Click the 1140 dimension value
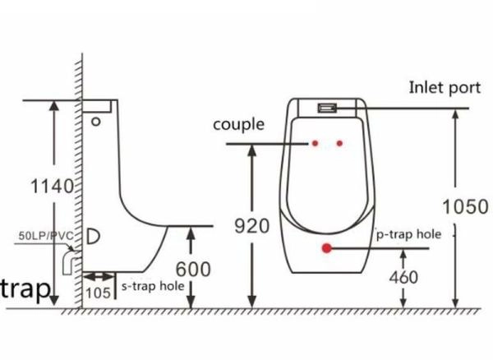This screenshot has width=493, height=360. point(52,186)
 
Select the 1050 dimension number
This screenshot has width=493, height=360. point(465,206)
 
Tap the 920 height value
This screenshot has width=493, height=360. point(252,226)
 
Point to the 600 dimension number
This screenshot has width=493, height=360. point(193,269)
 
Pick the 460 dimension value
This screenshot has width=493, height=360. point(403,277)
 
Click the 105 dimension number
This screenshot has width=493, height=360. point(98,293)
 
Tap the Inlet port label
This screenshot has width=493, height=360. point(445,88)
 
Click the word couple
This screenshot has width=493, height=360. point(238,125)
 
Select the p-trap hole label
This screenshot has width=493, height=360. point(408,234)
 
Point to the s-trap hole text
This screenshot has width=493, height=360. point(153,286)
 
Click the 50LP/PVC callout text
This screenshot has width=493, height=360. point(46,236)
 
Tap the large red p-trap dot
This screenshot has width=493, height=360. point(327,248)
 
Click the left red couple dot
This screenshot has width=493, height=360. point(315,143)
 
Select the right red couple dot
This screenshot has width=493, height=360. point(339,143)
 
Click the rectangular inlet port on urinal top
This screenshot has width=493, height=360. point(327,108)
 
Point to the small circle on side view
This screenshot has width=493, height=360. point(96,122)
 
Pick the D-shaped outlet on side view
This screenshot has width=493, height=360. point(93,236)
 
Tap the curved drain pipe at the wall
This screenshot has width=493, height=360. point(70,261)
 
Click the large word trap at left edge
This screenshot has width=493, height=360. point(25,288)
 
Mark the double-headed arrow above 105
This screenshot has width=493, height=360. point(99,277)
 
